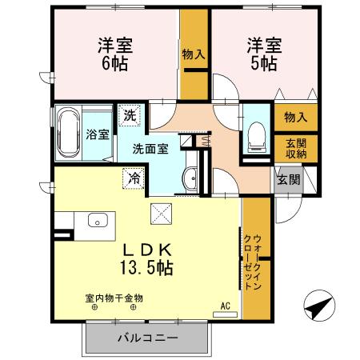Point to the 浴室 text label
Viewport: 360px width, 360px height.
pos(98,134)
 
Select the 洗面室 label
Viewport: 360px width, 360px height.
pos(150,149)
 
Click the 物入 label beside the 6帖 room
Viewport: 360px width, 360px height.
pos(192,54)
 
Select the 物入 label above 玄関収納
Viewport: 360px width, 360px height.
pos(295,117)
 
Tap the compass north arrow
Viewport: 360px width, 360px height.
pos(317,307)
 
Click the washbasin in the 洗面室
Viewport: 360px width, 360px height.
pos(190,178)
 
